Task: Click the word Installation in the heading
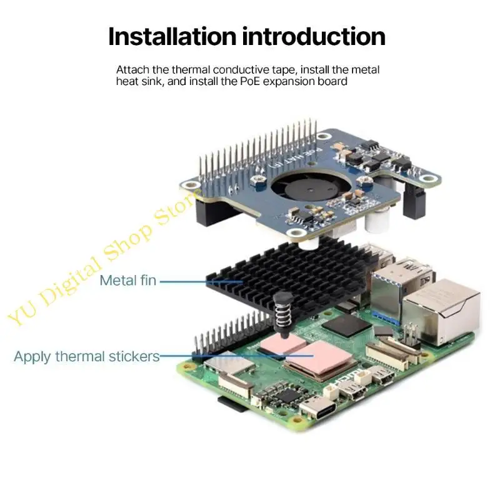(x=172, y=36)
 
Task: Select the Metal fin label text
(x=128, y=281)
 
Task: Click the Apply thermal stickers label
(x=86, y=357)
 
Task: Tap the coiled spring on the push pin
(x=282, y=316)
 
